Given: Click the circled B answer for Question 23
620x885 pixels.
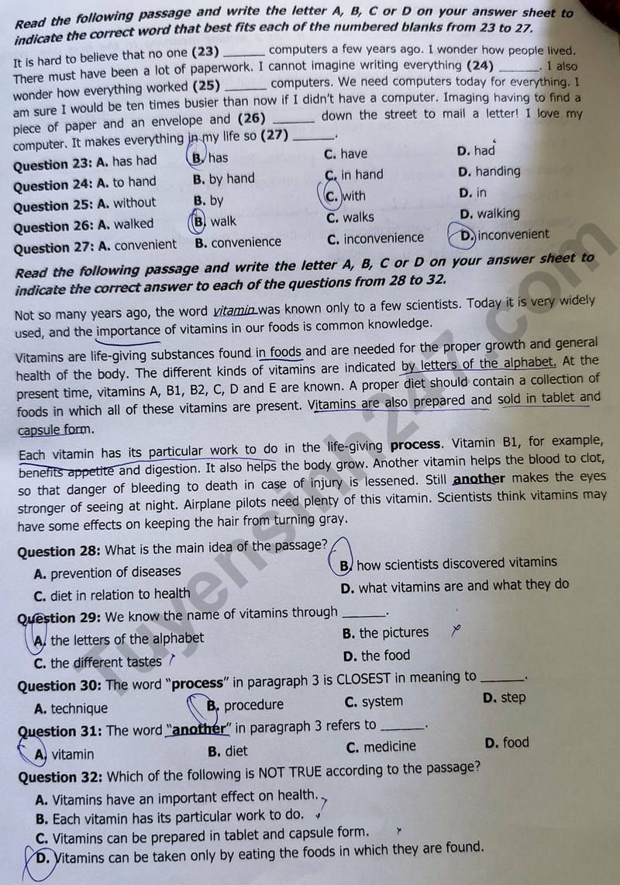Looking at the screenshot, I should coord(198,157).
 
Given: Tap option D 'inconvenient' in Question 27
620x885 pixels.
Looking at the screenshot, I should coord(505,235).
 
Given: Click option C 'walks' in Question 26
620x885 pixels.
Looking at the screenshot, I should coord(350,218).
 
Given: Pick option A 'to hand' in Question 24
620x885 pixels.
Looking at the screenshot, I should coord(127,182).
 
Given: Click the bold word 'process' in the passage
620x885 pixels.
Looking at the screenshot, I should coord(415,445).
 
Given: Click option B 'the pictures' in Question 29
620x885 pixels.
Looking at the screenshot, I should coord(385,633).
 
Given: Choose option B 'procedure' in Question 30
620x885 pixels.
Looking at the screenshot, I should coord(246,705).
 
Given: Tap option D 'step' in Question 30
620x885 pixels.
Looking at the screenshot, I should coord(504,697).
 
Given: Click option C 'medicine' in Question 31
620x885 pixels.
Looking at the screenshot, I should coord(381,747).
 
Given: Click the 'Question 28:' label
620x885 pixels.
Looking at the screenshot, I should coord(59,551).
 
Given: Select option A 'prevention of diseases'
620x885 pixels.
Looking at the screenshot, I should coord(108,572).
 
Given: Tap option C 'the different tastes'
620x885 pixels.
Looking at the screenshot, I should coord(98,662).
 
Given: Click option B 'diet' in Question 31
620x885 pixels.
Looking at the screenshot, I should coord(228,751).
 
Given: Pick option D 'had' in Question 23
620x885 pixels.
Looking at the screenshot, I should coord(476,150).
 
